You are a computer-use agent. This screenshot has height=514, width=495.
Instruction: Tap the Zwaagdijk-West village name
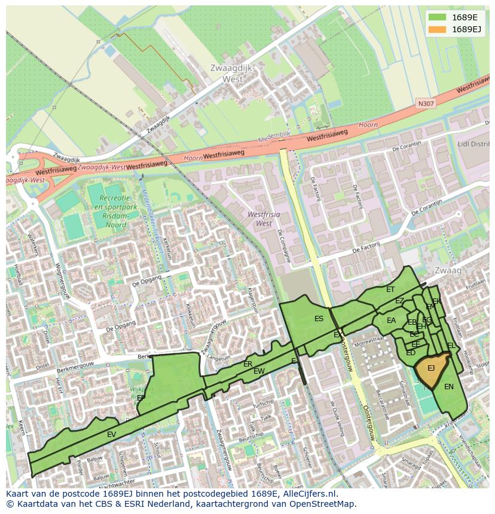(x=233, y=73)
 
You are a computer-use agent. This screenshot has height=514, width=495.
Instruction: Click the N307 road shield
(x=426, y=104)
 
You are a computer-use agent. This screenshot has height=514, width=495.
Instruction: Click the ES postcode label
(x=319, y=319)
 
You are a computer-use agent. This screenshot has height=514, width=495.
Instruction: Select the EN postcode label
(x=449, y=387)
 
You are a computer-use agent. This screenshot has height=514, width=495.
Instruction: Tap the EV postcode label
(x=112, y=435)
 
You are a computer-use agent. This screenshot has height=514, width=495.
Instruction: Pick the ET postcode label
(x=390, y=290)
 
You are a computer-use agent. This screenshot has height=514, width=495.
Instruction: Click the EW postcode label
(x=259, y=371)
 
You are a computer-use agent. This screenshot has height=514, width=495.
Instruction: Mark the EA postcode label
(x=391, y=321)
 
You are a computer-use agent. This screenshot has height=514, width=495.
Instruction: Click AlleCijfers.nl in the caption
(x=307, y=494)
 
